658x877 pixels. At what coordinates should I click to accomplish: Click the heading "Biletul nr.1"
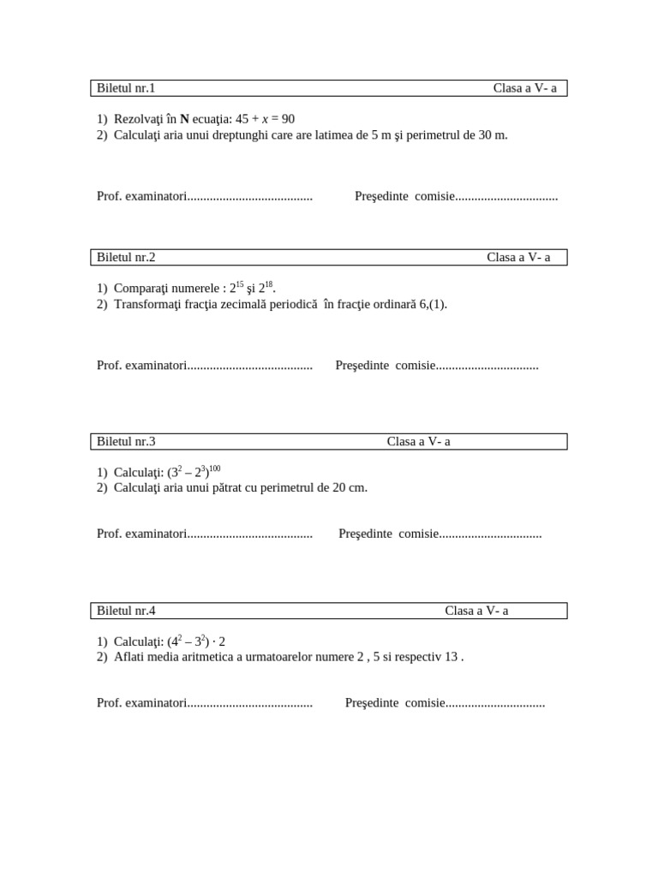click(x=126, y=88)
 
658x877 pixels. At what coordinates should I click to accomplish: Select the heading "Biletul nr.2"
click(x=126, y=257)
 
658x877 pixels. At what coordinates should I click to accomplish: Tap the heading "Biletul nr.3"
click(x=126, y=441)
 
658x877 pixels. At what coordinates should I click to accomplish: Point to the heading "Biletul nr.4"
click(x=126, y=611)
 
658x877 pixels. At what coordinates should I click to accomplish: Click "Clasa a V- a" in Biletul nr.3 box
click(x=418, y=441)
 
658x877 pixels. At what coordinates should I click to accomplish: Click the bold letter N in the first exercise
click(x=184, y=119)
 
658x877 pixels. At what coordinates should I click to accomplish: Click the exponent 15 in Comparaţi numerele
click(x=240, y=284)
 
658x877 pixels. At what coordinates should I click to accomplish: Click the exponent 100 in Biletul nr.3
click(x=214, y=468)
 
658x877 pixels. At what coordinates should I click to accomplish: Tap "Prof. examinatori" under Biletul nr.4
click(x=141, y=703)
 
